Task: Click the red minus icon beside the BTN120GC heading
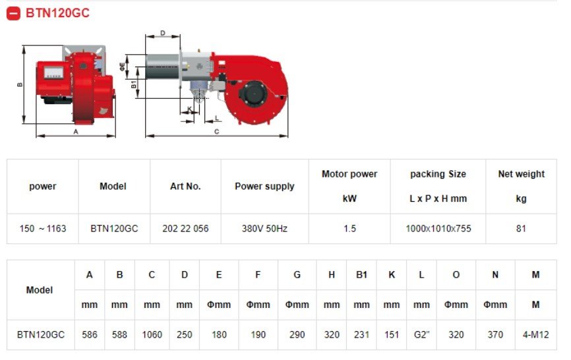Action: (13, 13)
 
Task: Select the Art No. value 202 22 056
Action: (185, 229)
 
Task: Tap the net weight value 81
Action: (521, 229)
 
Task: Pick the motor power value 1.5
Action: (349, 229)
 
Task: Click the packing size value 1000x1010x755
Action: (438, 229)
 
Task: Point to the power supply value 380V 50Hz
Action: (265, 229)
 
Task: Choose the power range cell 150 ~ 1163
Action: (43, 229)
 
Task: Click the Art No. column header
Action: (185, 187)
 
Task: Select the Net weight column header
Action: (521, 174)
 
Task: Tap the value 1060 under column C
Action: (152, 334)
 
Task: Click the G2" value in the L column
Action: (421, 334)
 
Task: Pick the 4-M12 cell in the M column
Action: (535, 334)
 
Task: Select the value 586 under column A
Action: (90, 334)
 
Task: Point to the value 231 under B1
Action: (361, 334)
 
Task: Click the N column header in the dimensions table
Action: (495, 275)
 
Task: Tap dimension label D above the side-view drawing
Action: (163, 33)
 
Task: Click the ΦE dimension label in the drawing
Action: (122, 67)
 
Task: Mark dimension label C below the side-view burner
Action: (216, 131)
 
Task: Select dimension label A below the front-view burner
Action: (76, 131)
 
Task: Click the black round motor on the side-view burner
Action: (253, 93)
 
